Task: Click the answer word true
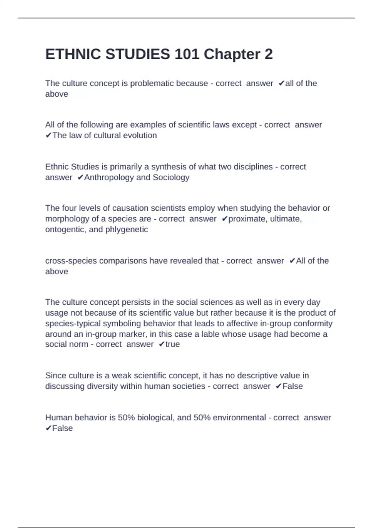tap(173, 344)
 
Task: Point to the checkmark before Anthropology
tap(80, 177)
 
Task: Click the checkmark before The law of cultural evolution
tap(48, 135)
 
